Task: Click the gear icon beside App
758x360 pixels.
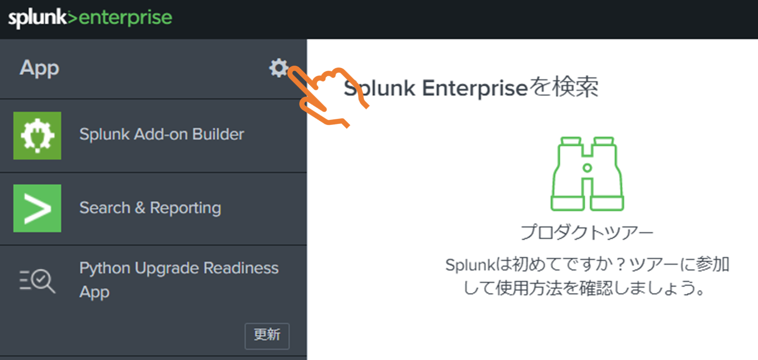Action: [278, 67]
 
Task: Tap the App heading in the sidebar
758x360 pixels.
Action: [40, 69]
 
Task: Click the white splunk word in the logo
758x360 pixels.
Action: [37, 18]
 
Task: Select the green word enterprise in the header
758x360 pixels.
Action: [125, 18]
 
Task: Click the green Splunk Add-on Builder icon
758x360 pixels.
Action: [37, 135]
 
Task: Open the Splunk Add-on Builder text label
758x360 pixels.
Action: [161, 135]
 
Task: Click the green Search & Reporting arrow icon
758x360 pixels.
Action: [37, 208]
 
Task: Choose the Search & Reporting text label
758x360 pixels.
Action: [150, 208]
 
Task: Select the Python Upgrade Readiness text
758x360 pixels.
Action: [179, 268]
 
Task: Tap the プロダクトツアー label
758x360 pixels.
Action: [587, 232]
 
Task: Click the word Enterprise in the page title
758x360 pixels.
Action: [475, 88]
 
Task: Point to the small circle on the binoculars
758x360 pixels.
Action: [588, 168]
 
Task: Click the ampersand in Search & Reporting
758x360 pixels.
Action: [140, 208]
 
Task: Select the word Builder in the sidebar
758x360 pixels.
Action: [218, 135]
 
